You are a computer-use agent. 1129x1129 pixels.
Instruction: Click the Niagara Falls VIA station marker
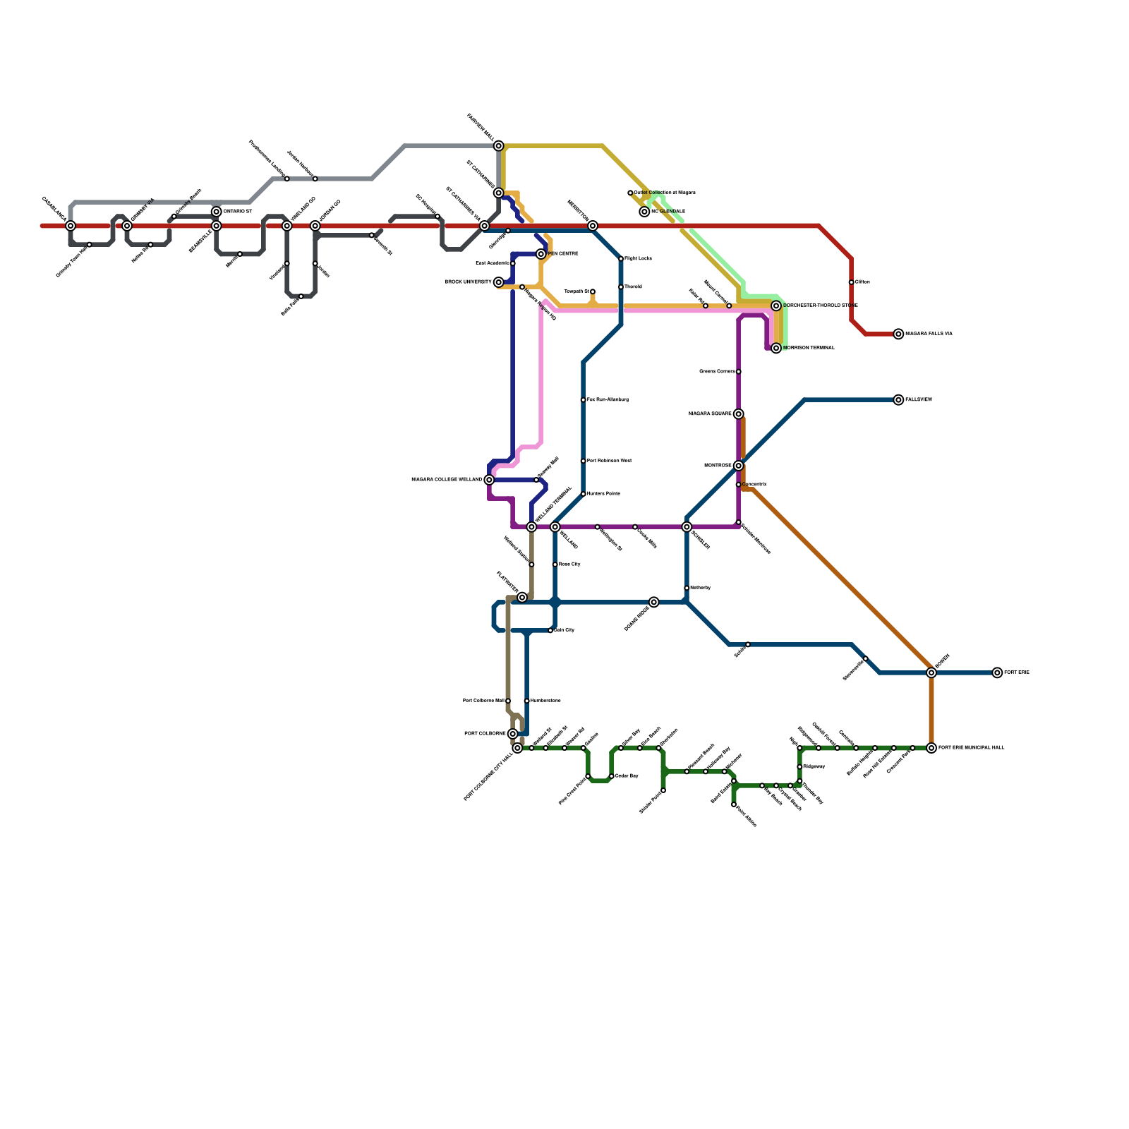pyautogui.click(x=898, y=334)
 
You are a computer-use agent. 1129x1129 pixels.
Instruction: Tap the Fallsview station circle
pyautogui.click(x=898, y=400)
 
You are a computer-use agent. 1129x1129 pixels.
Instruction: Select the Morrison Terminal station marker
pyautogui.click(x=776, y=348)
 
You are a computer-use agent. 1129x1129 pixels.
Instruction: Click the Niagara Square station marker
pyautogui.click(x=738, y=414)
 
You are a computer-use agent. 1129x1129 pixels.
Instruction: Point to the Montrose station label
pyautogui.click(x=718, y=466)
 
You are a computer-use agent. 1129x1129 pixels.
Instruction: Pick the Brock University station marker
pyautogui.click(x=499, y=282)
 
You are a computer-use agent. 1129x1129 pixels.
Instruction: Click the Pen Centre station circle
pyautogui.click(x=541, y=254)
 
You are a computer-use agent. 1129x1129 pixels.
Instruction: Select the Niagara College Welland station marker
pyautogui.click(x=489, y=480)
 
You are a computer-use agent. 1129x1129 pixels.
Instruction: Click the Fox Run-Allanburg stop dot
pyautogui.click(x=584, y=400)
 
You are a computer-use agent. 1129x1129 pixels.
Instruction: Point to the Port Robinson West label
pyautogui.click(x=609, y=461)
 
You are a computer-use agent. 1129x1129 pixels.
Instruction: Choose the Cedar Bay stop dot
pyautogui.click(x=612, y=776)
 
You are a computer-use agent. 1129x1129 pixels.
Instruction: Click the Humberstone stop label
pyautogui.click(x=545, y=701)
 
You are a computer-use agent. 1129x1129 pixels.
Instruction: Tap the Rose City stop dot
pyautogui.click(x=555, y=564)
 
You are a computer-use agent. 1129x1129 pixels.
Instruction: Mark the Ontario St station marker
pyautogui.click(x=217, y=212)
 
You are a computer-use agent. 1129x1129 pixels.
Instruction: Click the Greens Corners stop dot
pyautogui.click(x=739, y=371)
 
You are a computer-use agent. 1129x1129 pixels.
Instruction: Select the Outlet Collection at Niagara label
pyautogui.click(x=665, y=193)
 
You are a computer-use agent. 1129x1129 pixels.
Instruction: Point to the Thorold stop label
pyautogui.click(x=633, y=287)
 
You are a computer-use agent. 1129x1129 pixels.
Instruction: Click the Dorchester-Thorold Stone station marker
pyautogui.click(x=776, y=306)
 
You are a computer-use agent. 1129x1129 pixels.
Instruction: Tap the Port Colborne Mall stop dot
pyautogui.click(x=508, y=701)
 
